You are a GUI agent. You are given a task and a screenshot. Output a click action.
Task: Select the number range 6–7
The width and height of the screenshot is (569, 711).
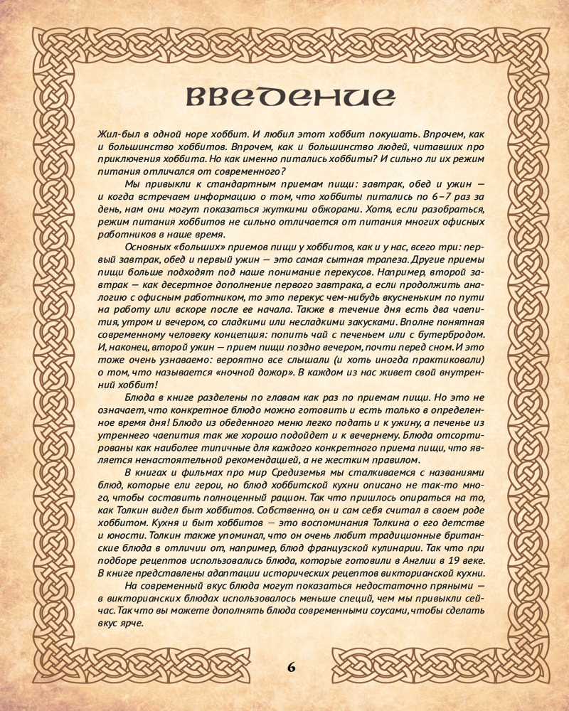427,197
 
